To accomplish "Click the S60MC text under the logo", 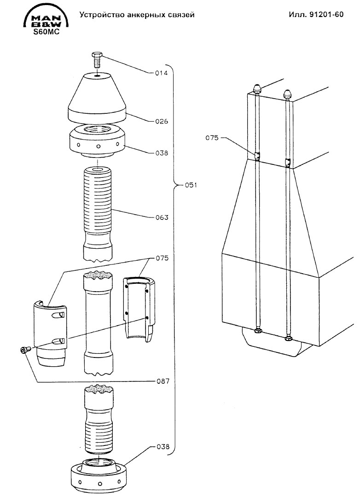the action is (46, 32).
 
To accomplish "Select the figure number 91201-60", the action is (326, 14).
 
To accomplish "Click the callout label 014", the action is (161, 73).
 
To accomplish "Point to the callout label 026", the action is (161, 121).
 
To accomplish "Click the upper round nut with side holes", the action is (97, 141).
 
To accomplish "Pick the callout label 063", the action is (162, 217).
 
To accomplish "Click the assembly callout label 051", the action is (191, 185).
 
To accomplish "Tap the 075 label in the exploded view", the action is (162, 258).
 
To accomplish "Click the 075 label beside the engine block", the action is (212, 138).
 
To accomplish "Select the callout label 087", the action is (163, 381).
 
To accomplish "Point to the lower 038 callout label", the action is (163, 447).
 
